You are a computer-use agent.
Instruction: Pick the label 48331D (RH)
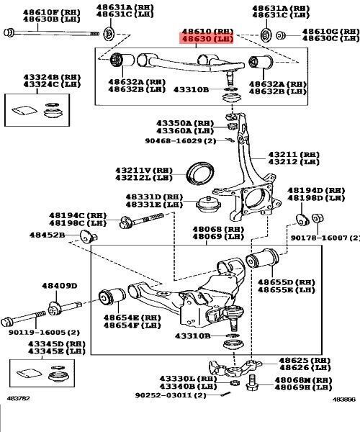click(154, 197)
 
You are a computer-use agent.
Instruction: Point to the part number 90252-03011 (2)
click(171, 395)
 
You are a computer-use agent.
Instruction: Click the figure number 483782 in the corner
click(17, 418)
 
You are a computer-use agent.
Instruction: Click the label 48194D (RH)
click(311, 191)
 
